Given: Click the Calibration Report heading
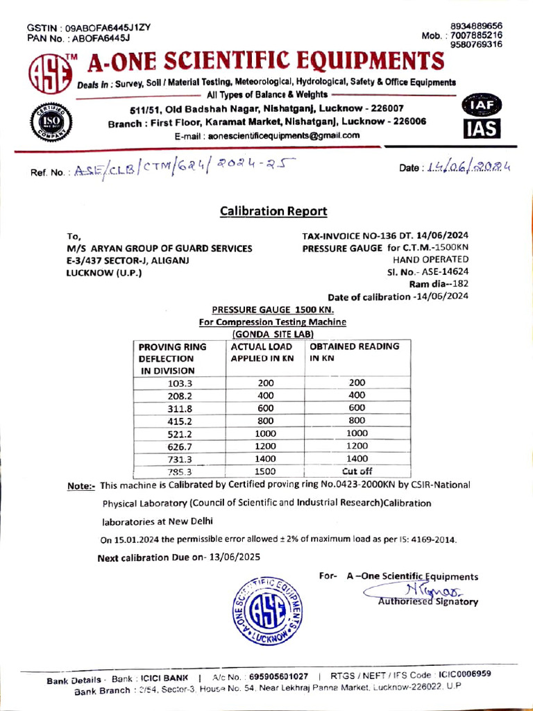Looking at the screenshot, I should point(273,211).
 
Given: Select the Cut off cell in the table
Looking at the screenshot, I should point(356,471).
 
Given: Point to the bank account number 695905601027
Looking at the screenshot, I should point(279,676).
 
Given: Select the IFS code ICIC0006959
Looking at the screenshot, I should point(464,674).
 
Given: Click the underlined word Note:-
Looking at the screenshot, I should point(81,486).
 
